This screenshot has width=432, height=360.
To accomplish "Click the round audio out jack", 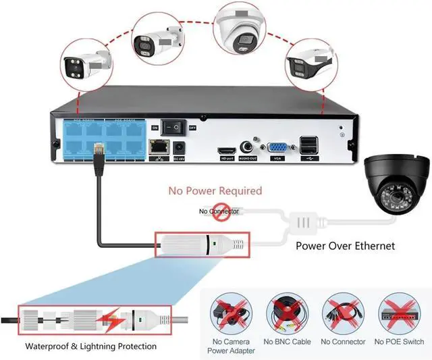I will pyautogui.click(x=250, y=145).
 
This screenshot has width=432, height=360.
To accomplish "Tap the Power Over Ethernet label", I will pyautogui.click(x=346, y=246).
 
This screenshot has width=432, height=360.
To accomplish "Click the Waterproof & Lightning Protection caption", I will pyautogui.click(x=91, y=346).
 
